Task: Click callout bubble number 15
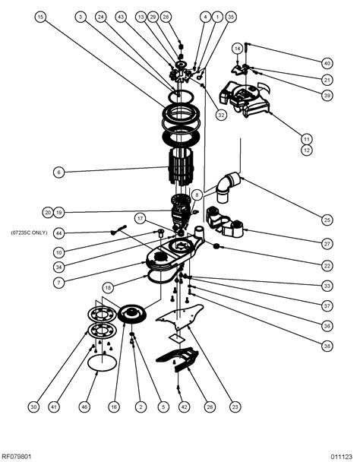coord(40,16)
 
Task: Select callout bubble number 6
coord(58,172)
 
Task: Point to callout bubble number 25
coord(327,220)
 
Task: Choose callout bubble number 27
coord(327,244)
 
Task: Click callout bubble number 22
coord(327,265)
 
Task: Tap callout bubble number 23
coord(235,407)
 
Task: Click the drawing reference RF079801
coord(17,456)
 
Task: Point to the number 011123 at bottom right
coord(341,456)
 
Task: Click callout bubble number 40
coord(327,63)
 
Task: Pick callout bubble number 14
coord(238,47)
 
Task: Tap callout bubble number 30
coord(33,407)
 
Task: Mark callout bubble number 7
coord(58,282)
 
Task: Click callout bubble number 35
coord(231,16)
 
